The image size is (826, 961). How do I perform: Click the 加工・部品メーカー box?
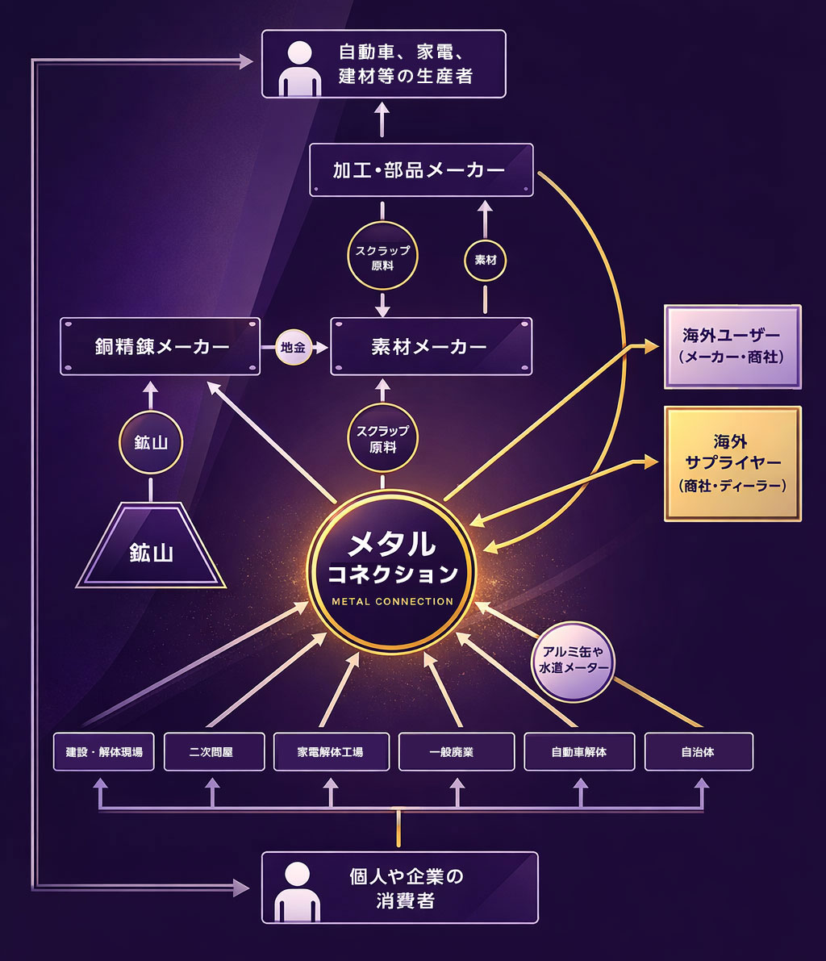421,170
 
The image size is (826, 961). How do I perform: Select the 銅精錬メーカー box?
160,346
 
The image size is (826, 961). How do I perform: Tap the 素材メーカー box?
431,346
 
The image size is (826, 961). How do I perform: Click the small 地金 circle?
293,347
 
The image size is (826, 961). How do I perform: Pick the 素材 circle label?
485,261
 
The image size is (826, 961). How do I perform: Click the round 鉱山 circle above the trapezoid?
150,442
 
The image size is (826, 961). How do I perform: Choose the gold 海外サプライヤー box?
731,464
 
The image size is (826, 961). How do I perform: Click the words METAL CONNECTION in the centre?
392,601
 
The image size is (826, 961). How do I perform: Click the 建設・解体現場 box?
103,752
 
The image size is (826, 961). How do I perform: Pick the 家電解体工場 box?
331,752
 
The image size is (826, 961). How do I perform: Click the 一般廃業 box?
456,752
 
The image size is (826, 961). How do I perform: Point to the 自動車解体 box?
579,752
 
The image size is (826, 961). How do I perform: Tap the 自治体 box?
699,752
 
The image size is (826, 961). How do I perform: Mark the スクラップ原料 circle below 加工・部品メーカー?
382,257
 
